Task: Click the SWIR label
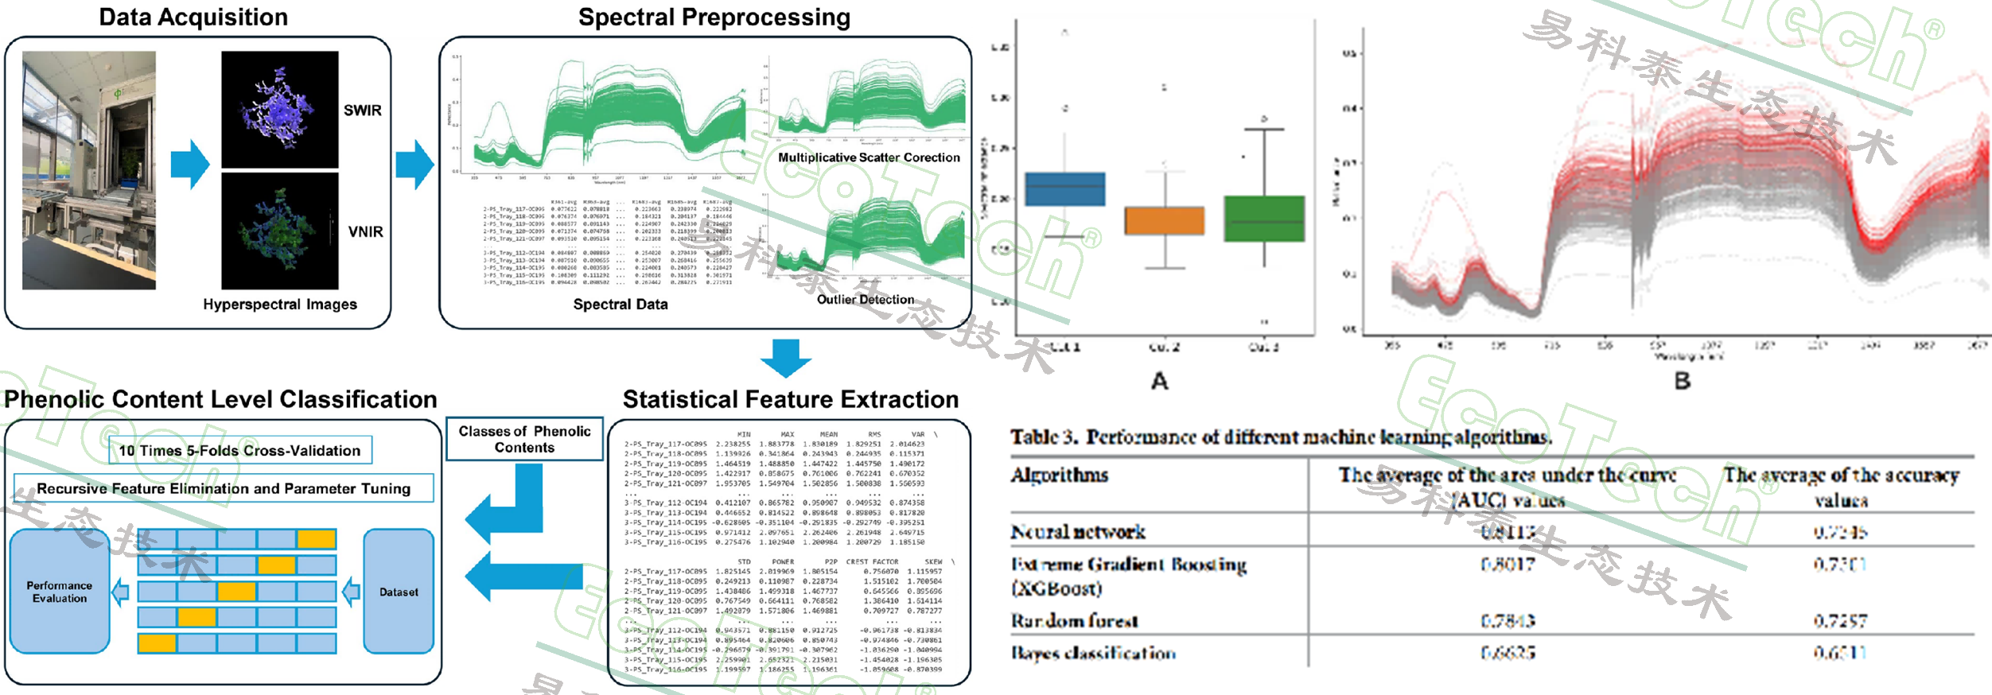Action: (x=362, y=111)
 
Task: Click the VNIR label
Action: (x=365, y=231)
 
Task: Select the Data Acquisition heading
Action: (x=193, y=17)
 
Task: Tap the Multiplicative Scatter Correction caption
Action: (x=869, y=157)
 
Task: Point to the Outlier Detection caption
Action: (x=865, y=300)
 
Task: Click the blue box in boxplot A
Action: (x=1064, y=189)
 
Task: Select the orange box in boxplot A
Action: (x=1164, y=220)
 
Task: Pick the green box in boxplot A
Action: (x=1263, y=219)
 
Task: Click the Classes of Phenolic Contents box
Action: (x=524, y=439)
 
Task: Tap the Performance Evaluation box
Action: (x=60, y=592)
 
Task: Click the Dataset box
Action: (x=399, y=592)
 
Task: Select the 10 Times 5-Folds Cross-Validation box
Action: (x=239, y=450)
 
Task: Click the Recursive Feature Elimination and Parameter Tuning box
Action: (x=224, y=488)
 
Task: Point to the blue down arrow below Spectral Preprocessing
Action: (x=785, y=358)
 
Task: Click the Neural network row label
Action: (x=1078, y=531)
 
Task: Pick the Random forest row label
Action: (x=1074, y=620)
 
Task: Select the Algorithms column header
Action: (x=1059, y=475)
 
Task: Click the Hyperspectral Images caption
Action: (x=279, y=305)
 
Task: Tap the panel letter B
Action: (x=1682, y=381)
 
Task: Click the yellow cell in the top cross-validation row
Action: (x=316, y=540)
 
